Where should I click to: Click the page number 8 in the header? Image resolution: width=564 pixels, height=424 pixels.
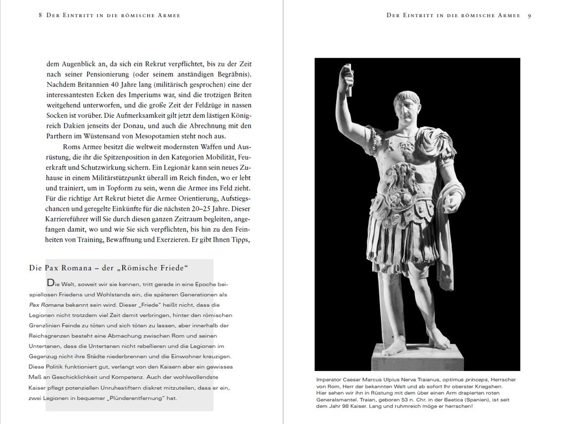[40, 15]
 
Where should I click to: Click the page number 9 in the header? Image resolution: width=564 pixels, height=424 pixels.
[529, 15]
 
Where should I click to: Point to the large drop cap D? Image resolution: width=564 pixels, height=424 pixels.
[51, 282]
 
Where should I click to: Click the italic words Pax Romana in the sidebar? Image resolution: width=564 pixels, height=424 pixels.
[45, 305]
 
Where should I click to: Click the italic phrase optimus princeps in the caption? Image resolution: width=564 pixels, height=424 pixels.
[467, 380]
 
